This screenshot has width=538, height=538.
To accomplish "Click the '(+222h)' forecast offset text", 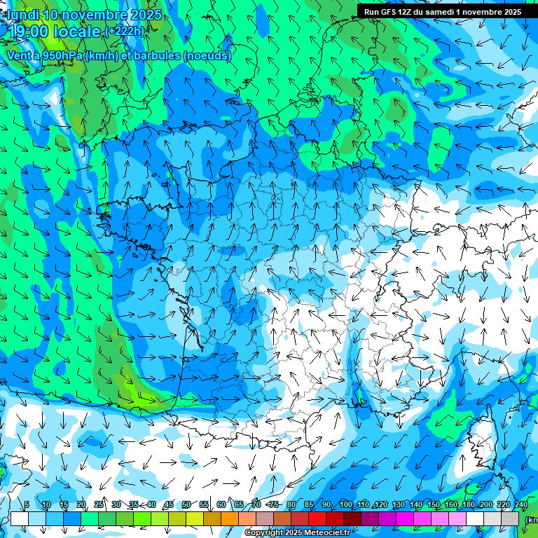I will pos(125,31).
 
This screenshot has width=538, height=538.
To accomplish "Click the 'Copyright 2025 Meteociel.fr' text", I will pos(297,533).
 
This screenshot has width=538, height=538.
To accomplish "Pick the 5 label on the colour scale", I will pos(27,504).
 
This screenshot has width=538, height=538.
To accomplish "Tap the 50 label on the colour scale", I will pos(186,504).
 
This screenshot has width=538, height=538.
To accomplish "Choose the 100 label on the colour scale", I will pos(345,504).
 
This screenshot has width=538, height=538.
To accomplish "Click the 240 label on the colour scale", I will pos(520,504).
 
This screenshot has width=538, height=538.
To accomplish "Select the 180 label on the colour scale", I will pos(467,504).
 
